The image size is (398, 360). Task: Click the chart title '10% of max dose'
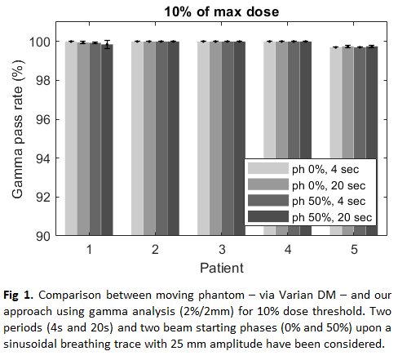[x=222, y=12]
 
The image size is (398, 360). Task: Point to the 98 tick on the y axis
[x=43, y=81]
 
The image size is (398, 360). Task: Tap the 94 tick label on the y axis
[x=43, y=158]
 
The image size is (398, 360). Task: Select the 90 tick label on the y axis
[x=43, y=236]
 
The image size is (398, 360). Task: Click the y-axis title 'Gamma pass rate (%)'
[x=18, y=129]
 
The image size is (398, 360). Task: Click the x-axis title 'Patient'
[x=222, y=268]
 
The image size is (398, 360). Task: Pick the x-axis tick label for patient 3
[x=222, y=249]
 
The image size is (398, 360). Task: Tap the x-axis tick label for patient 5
[x=354, y=249]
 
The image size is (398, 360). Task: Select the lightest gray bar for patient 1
[x=71, y=138]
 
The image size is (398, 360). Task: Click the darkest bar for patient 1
[x=107, y=140]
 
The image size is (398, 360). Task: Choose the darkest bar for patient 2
[x=174, y=138]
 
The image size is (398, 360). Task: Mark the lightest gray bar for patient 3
[x=204, y=138]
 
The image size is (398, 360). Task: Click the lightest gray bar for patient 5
[x=336, y=141]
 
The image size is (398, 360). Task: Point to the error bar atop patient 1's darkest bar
[x=108, y=44]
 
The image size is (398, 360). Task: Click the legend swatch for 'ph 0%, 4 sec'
[x=268, y=168]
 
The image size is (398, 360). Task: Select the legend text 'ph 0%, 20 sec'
[x=329, y=186]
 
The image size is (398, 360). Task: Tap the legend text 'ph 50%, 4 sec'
[x=329, y=202]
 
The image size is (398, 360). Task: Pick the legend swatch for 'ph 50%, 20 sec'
[x=268, y=216]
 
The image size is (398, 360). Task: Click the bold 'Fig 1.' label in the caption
[x=18, y=296]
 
